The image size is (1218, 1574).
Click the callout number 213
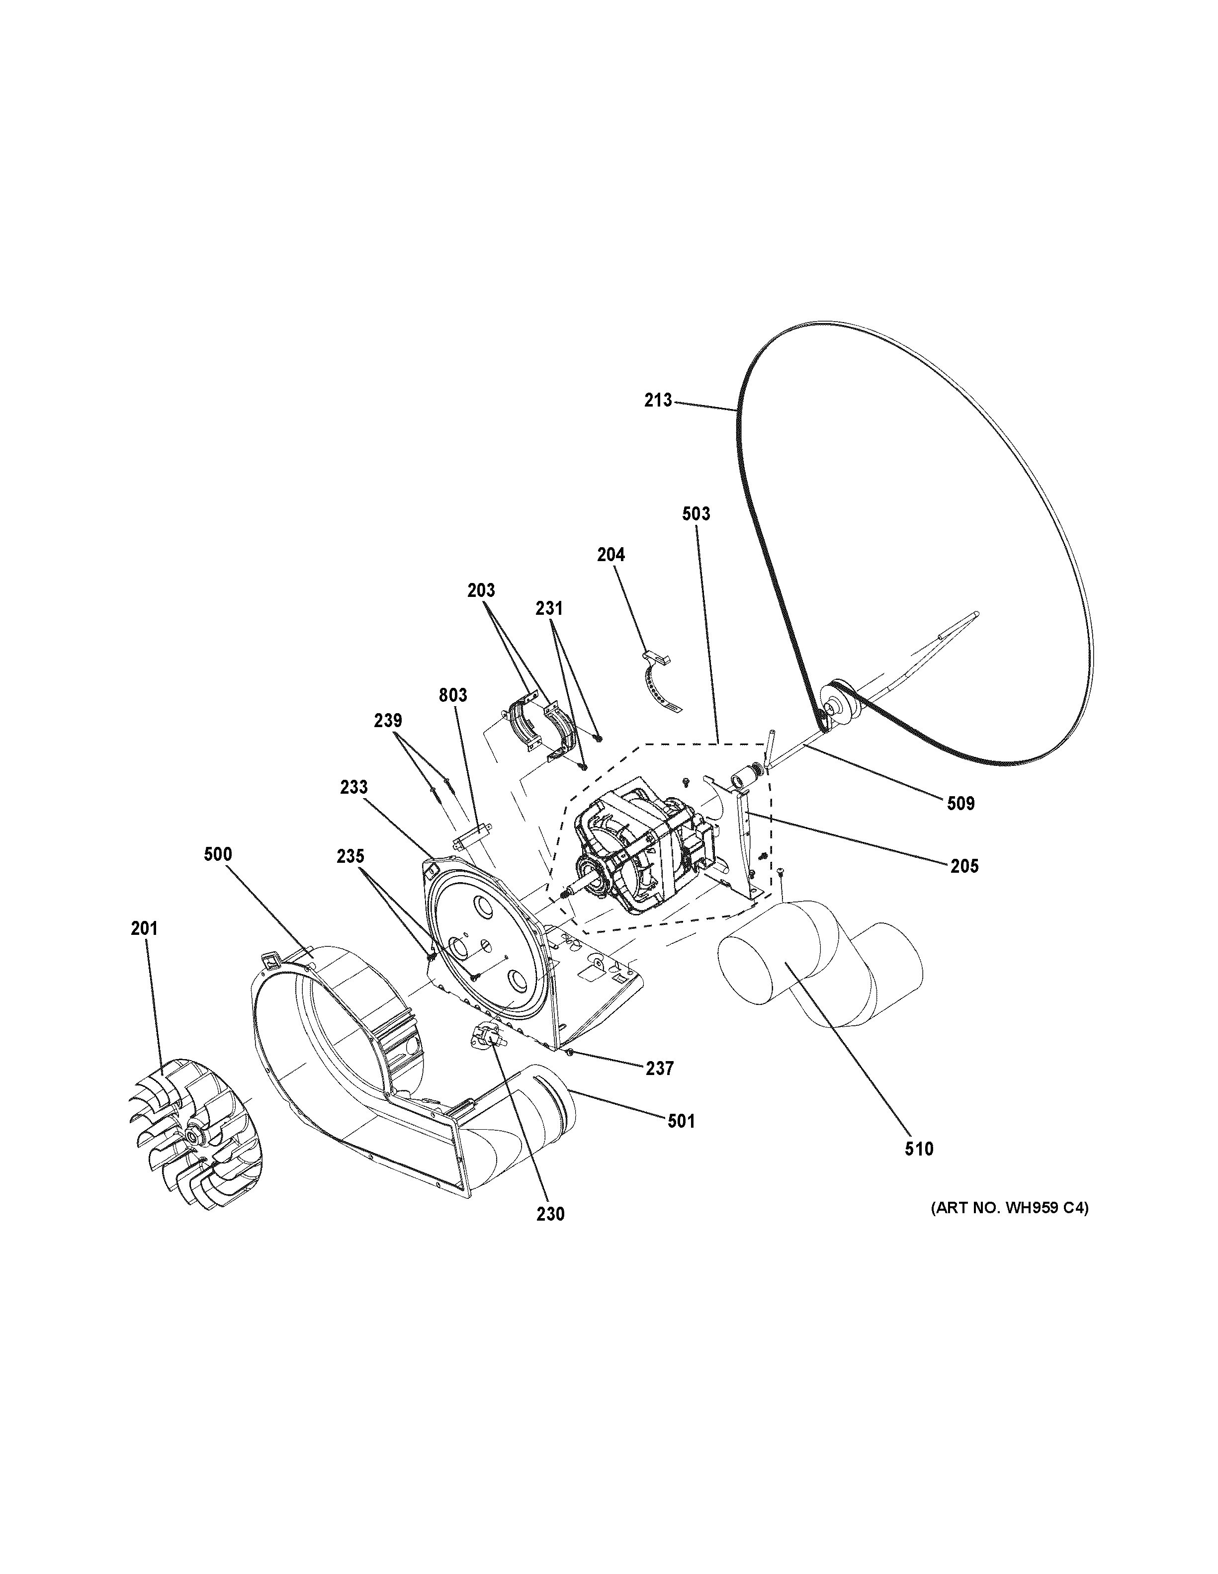(657, 400)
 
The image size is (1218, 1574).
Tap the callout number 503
(696, 514)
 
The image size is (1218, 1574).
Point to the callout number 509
(960, 803)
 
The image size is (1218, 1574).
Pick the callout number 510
(919, 1149)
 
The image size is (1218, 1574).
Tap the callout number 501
(681, 1121)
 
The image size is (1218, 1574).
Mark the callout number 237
(659, 1069)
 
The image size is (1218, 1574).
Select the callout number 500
(218, 855)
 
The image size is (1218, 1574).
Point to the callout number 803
(452, 695)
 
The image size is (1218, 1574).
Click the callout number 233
(354, 788)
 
